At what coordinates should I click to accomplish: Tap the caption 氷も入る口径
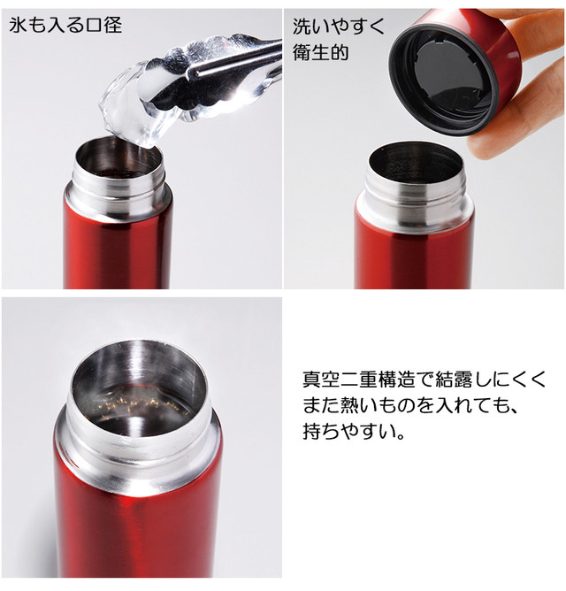click(66, 25)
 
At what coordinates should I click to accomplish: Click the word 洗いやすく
click(339, 26)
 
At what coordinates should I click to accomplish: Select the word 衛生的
click(320, 52)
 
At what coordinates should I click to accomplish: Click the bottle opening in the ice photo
click(118, 161)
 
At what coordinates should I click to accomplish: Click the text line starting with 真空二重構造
click(424, 380)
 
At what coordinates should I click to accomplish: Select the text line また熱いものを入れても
click(408, 407)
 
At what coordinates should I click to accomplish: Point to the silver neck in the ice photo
click(117, 194)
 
